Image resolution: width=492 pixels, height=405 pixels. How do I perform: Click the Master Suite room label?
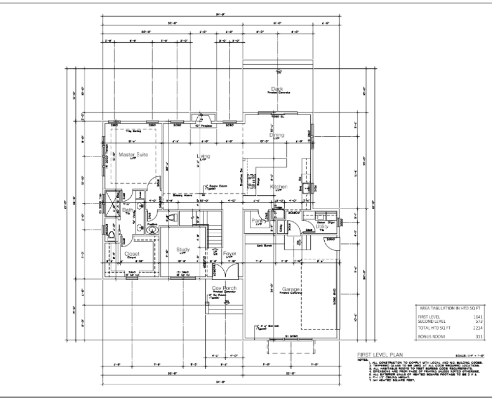133,155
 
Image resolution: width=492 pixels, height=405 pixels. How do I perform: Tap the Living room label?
203,156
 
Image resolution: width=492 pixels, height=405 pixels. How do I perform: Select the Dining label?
277,134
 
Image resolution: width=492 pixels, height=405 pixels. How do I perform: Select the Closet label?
131,254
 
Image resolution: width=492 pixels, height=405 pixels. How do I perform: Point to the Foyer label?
229,253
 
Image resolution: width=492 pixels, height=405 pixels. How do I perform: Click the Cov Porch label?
224,288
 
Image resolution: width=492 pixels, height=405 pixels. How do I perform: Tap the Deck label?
277,89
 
